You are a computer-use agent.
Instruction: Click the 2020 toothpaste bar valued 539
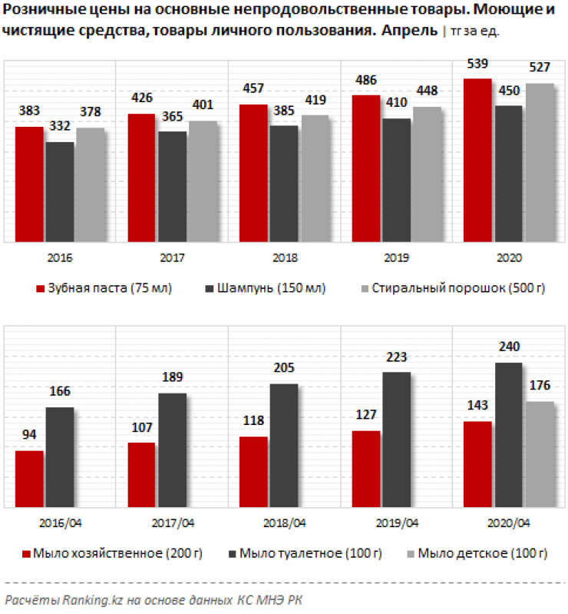478,160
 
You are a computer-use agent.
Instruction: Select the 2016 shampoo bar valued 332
60,192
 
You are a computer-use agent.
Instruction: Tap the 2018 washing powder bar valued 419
315,178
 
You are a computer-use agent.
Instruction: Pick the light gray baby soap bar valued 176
540,453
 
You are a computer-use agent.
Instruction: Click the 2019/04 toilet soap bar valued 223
396,439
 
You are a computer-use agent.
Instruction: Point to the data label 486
365,80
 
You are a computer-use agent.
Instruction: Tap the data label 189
172,378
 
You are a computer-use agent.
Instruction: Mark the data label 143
478,405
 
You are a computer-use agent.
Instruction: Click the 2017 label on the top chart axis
172,258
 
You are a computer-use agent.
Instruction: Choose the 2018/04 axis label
284,523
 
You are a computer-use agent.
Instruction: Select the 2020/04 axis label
508,523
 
